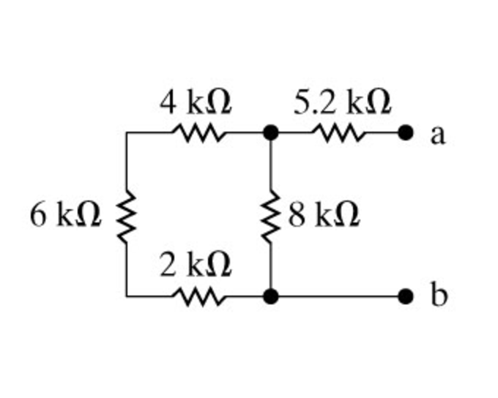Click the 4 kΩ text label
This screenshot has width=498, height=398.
pos(196,104)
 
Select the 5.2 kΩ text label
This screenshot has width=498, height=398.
pos(342,103)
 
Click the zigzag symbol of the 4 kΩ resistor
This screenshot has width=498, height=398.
pos(196,133)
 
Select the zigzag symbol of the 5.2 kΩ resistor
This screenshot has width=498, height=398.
pos(338,133)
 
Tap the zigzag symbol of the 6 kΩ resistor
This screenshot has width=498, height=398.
pos(127,215)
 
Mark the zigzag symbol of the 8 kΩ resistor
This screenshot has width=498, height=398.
pos(271,215)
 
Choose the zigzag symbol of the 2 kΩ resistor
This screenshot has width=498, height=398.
pos(196,296)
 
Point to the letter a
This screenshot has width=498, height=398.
pos(437,135)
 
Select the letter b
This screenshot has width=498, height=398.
pos(437,296)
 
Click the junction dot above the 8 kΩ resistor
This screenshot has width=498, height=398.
pos(271,133)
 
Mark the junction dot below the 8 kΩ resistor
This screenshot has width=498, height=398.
pos(271,296)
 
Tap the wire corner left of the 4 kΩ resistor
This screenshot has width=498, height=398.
pos(127,133)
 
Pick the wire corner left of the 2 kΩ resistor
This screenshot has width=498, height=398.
pos(127,296)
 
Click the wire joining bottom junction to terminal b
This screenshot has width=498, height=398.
pos(337,296)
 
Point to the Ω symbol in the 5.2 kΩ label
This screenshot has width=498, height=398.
pos(376,104)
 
